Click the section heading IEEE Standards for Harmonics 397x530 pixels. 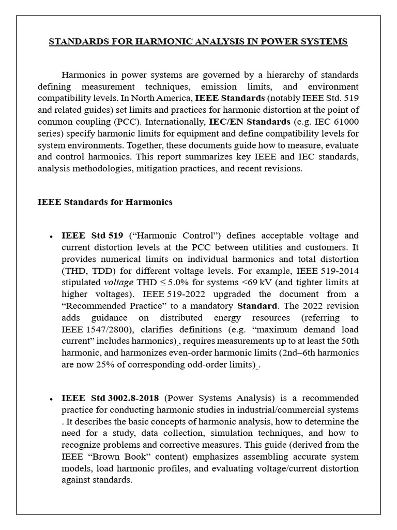(x=105, y=202)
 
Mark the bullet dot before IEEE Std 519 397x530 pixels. (x=51, y=236)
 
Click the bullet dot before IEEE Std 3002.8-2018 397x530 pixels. (x=51, y=400)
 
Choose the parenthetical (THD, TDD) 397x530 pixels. (x=86, y=270)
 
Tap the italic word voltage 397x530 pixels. (x=119, y=282)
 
